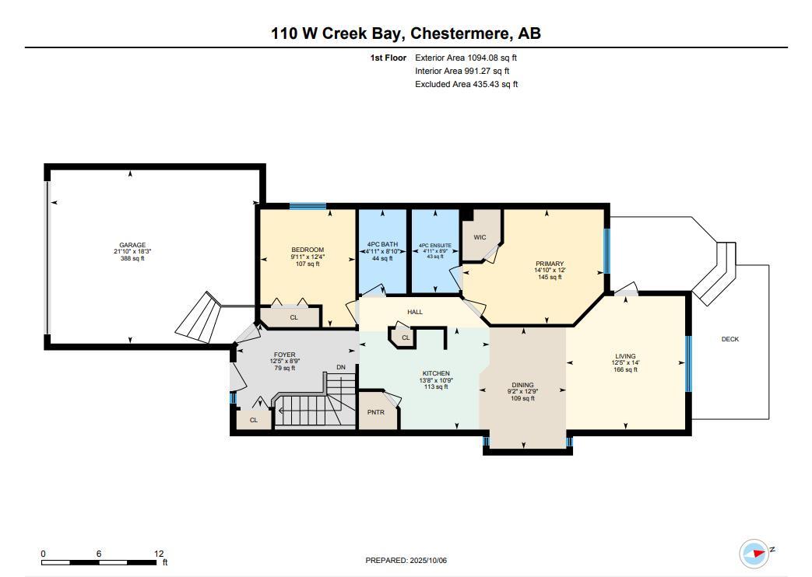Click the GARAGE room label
point(132,245)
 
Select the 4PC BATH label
point(382,245)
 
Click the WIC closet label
point(480,237)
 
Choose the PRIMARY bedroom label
point(550,264)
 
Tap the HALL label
point(415,312)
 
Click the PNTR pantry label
point(375,412)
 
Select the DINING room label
point(522,385)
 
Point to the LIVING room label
point(625,356)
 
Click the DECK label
point(729,339)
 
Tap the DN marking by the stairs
point(340,367)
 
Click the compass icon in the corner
point(754,553)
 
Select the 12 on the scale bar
point(159,554)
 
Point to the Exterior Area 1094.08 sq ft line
point(466,58)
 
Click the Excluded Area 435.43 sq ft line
point(466,84)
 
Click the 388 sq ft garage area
point(132,258)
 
